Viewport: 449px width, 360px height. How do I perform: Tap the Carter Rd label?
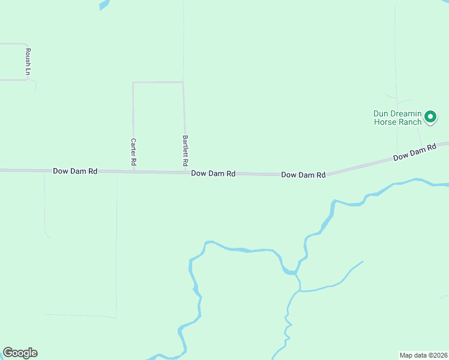pyautogui.click(x=134, y=152)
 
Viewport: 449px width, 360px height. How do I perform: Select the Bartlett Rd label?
pyautogui.click(x=185, y=151)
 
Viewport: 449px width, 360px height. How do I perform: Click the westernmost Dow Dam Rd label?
pyautogui.click(x=75, y=171)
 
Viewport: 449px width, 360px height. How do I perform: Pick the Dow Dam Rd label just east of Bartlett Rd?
pyautogui.click(x=213, y=173)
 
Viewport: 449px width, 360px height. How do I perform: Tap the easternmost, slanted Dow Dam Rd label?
pyautogui.click(x=414, y=152)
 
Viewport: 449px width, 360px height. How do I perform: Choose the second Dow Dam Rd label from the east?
pyautogui.click(x=303, y=175)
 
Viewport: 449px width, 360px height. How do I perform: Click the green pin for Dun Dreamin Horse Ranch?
pyautogui.click(x=430, y=116)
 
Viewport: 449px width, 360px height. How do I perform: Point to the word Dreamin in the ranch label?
pyautogui.click(x=405, y=113)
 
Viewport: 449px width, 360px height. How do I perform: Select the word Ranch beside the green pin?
pyautogui.click(x=410, y=122)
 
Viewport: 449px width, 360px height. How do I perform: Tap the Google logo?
pyautogui.click(x=20, y=353)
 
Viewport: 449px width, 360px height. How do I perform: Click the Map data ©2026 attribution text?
pyautogui.click(x=423, y=355)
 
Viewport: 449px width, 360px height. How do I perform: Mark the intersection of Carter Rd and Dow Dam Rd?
pyautogui.click(x=133, y=172)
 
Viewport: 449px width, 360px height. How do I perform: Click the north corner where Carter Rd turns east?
pyautogui.click(x=133, y=83)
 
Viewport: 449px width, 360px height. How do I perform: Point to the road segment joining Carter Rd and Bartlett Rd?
pyautogui.click(x=158, y=82)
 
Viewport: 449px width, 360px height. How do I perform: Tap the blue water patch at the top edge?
pyautogui.click(x=104, y=4)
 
